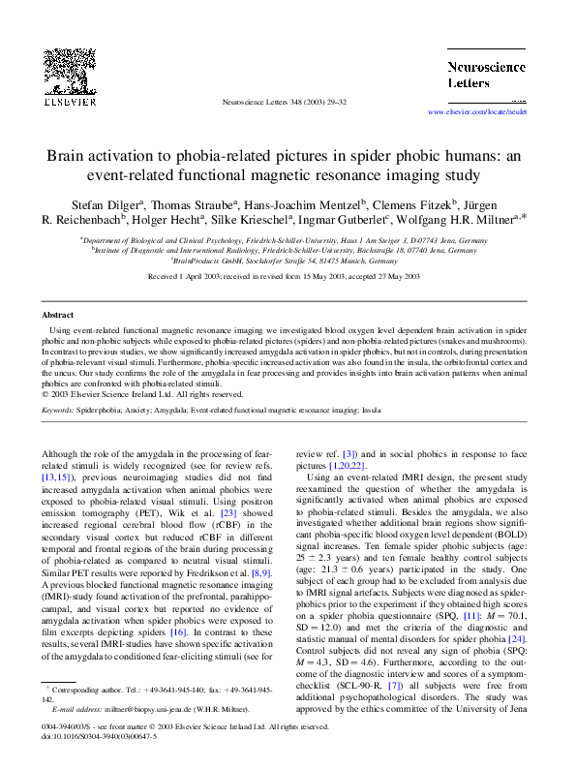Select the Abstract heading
[x=57, y=316]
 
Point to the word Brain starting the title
[x=68, y=157]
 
